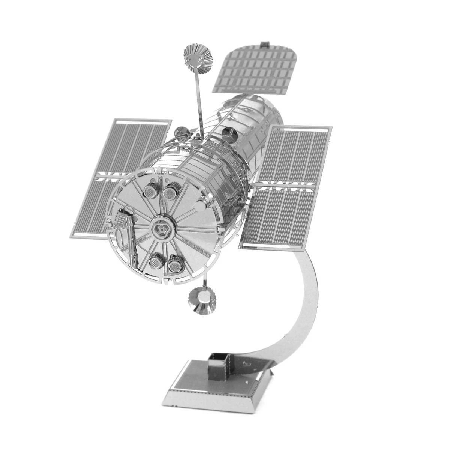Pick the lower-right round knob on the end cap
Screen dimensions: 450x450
coord(174,264)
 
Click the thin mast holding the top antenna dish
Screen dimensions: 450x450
coord(196,101)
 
